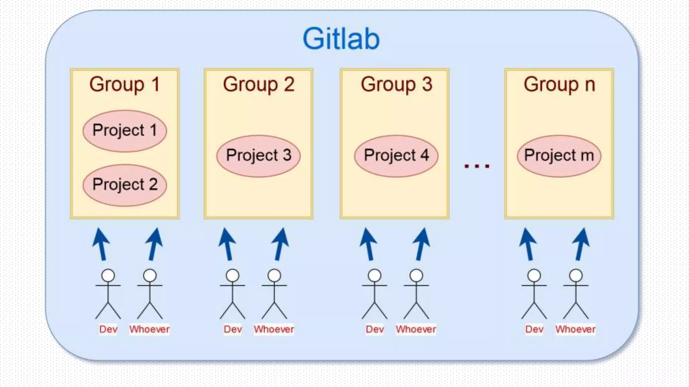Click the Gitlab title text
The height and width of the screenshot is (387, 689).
tap(341, 39)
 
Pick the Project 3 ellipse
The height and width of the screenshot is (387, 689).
tap(258, 156)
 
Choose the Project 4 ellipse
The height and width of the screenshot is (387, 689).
tap(396, 156)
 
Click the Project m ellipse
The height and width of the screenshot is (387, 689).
tap(559, 156)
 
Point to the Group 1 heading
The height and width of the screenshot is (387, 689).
tap(124, 84)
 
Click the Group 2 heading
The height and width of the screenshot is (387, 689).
tap(258, 84)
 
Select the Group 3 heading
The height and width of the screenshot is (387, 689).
tap(396, 84)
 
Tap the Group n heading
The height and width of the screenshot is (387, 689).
tap(559, 84)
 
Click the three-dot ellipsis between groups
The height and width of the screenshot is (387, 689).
tap(477, 166)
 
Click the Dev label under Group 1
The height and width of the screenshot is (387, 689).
tap(108, 329)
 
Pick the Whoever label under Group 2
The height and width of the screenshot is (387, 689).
tap(274, 329)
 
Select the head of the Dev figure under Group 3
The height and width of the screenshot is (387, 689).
tap(374, 276)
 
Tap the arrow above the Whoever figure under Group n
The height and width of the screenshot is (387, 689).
tap(581, 244)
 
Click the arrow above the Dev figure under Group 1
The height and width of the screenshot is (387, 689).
tap(101, 244)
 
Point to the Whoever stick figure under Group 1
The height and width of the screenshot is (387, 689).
tap(150, 294)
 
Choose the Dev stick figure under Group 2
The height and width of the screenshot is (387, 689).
tap(232, 294)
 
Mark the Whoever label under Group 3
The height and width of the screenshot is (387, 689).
tap(416, 329)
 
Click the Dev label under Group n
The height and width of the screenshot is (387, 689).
tap(534, 329)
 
